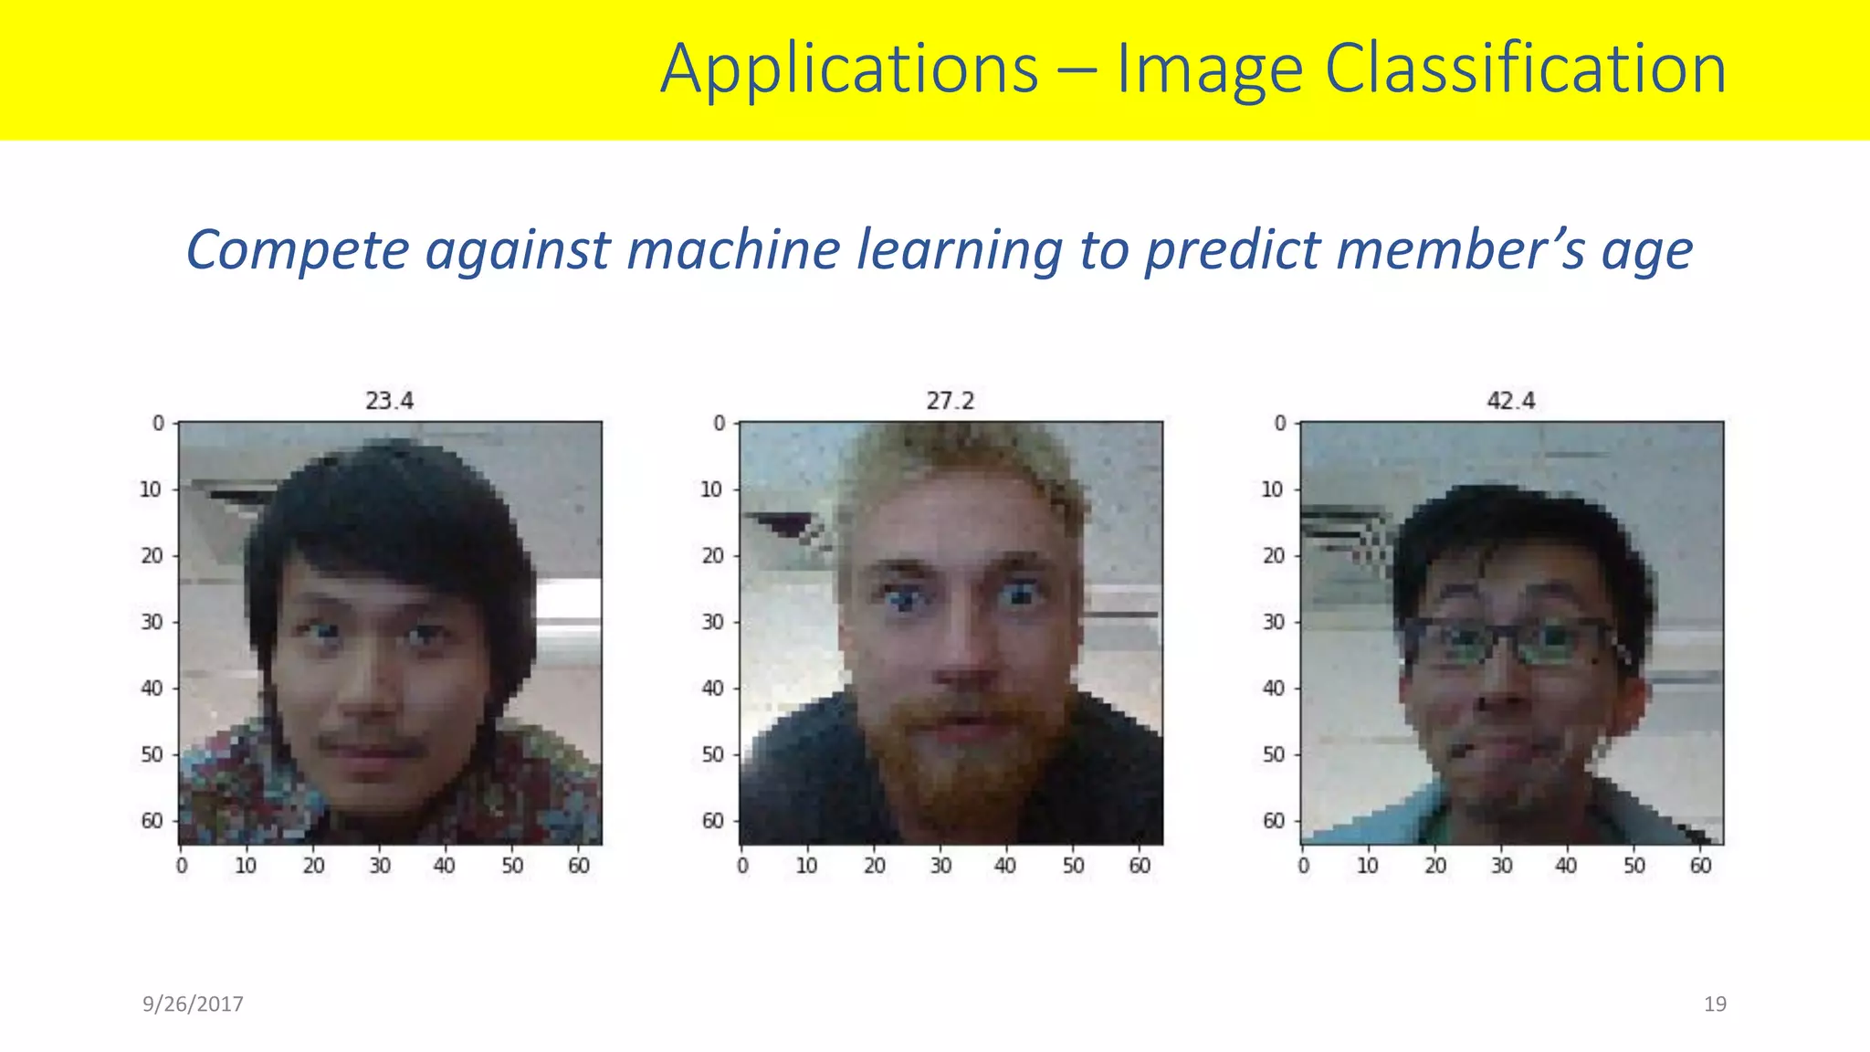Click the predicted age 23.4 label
pos(389,401)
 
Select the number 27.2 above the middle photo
pos(950,401)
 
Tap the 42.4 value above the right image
pos(1510,401)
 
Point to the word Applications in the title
pos(849,69)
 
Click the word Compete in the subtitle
pos(297,250)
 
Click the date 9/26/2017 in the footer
pos(193,1004)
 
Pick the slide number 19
pos(1715,1004)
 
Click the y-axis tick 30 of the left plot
pos(152,622)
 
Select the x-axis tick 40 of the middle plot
pos(1005,865)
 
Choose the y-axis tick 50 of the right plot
pos(1273,754)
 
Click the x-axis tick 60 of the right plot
pos(1700,865)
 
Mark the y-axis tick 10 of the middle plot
pos(711,489)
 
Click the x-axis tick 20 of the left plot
pos(313,865)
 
